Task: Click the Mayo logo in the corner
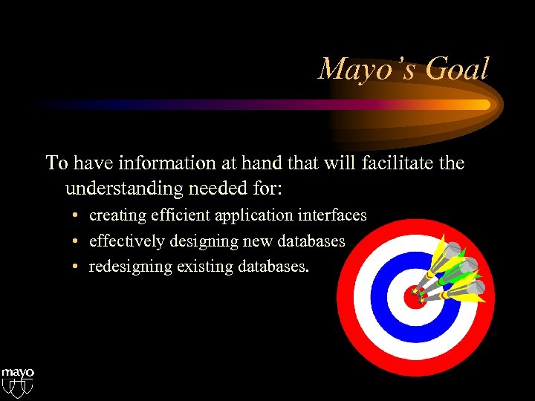point(17,379)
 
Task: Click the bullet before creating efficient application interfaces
point(77,216)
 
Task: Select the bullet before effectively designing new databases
point(77,242)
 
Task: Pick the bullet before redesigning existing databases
point(77,267)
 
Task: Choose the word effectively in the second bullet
point(124,241)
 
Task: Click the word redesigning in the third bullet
point(129,267)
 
